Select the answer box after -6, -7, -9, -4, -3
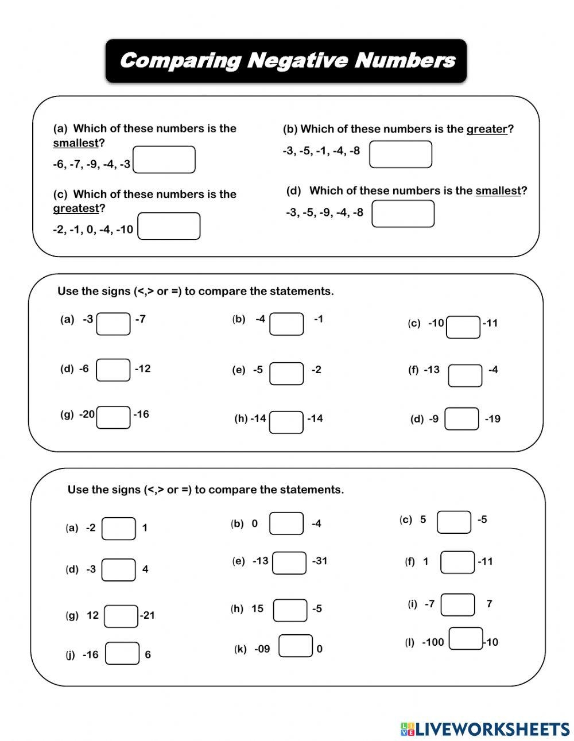tap(164, 160)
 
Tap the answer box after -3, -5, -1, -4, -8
tap(400, 154)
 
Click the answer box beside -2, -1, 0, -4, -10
tap(169, 226)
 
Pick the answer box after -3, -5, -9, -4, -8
tap(403, 214)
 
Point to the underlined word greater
tap(487, 129)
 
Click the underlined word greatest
tap(76, 208)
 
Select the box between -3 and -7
tap(113, 324)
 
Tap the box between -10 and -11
tap(463, 327)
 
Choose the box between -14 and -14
tap(286, 422)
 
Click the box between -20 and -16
tap(114, 417)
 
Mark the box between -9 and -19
tap(462, 418)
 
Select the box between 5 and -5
tap(454, 522)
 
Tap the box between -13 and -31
tap(289, 562)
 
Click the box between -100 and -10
tap(466, 638)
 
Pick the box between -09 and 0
tap(296, 646)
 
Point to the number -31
tap(319, 561)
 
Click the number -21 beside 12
tap(148, 615)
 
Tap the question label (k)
tap(240, 649)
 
